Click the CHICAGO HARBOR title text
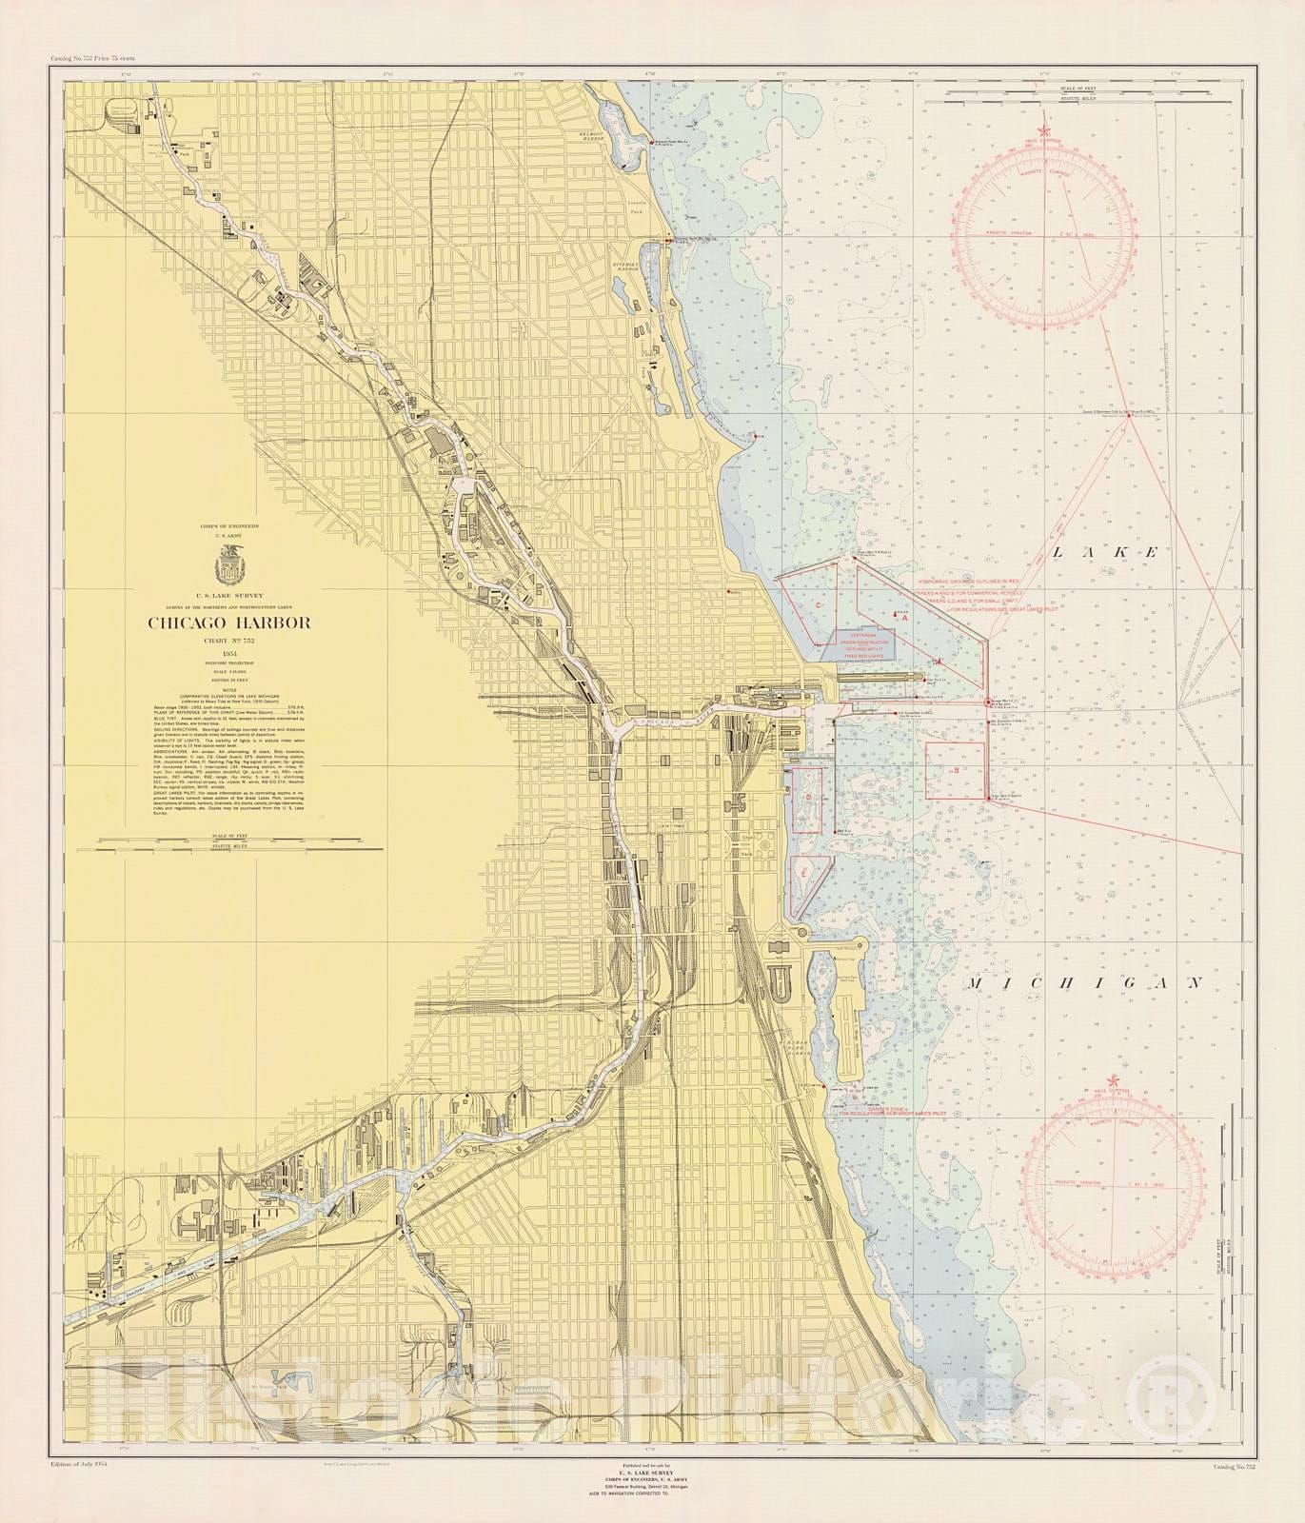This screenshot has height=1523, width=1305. (227, 623)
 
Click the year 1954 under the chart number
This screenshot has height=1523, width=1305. (228, 656)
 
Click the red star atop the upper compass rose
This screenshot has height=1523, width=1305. (1045, 130)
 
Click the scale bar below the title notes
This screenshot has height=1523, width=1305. (228, 841)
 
